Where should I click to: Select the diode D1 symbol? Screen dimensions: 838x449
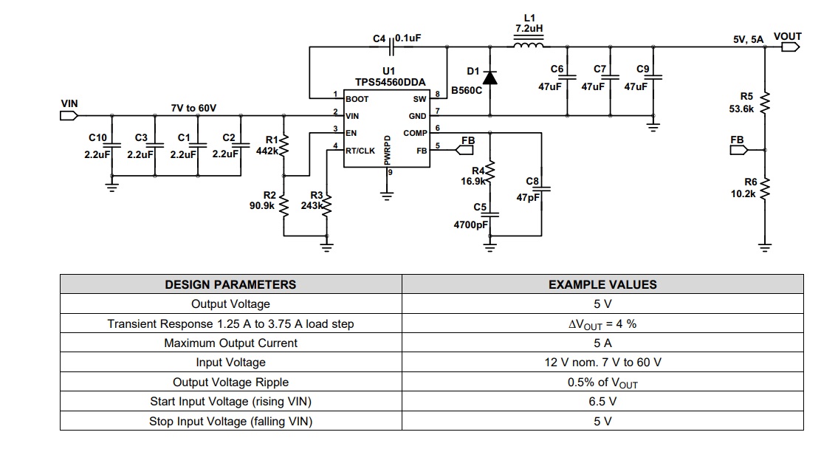point(490,78)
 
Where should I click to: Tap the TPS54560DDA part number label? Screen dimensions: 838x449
point(390,82)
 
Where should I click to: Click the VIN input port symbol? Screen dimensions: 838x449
point(69,115)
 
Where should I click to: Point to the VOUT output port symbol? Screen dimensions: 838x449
point(791,47)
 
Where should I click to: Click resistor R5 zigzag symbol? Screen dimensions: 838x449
point(765,102)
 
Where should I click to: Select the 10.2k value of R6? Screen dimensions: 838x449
point(743,193)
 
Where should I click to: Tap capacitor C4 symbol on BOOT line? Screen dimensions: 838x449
point(392,47)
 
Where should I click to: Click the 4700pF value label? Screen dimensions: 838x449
point(471,225)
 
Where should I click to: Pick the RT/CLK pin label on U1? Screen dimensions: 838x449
point(360,151)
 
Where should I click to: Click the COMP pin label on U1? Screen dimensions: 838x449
point(415,133)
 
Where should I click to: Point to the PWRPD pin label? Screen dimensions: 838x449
point(388,150)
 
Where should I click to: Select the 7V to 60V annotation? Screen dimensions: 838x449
point(193,108)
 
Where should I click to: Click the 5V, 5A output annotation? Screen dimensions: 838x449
point(748,39)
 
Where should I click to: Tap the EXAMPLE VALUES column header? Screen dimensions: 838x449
point(603,284)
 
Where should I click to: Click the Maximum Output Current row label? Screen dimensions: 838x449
point(231,343)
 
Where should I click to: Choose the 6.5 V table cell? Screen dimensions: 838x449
point(603,402)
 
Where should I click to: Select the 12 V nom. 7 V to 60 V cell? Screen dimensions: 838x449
point(603,363)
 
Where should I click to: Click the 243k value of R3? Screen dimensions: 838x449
point(311,205)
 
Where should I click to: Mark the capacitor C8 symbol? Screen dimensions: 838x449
point(541,189)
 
